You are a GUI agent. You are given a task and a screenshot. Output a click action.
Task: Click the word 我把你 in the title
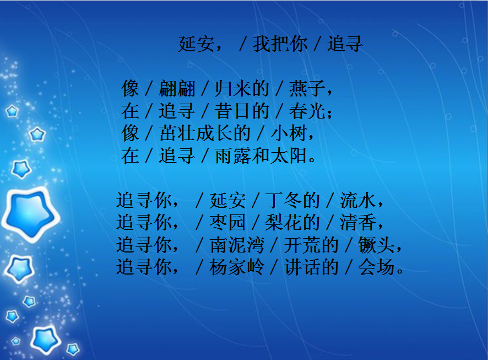pyautogui.click(x=280, y=44)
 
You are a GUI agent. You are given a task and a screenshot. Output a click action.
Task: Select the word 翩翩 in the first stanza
pyautogui.click(x=177, y=88)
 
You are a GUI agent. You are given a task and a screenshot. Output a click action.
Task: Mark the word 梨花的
pyautogui.click(x=292, y=222)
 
